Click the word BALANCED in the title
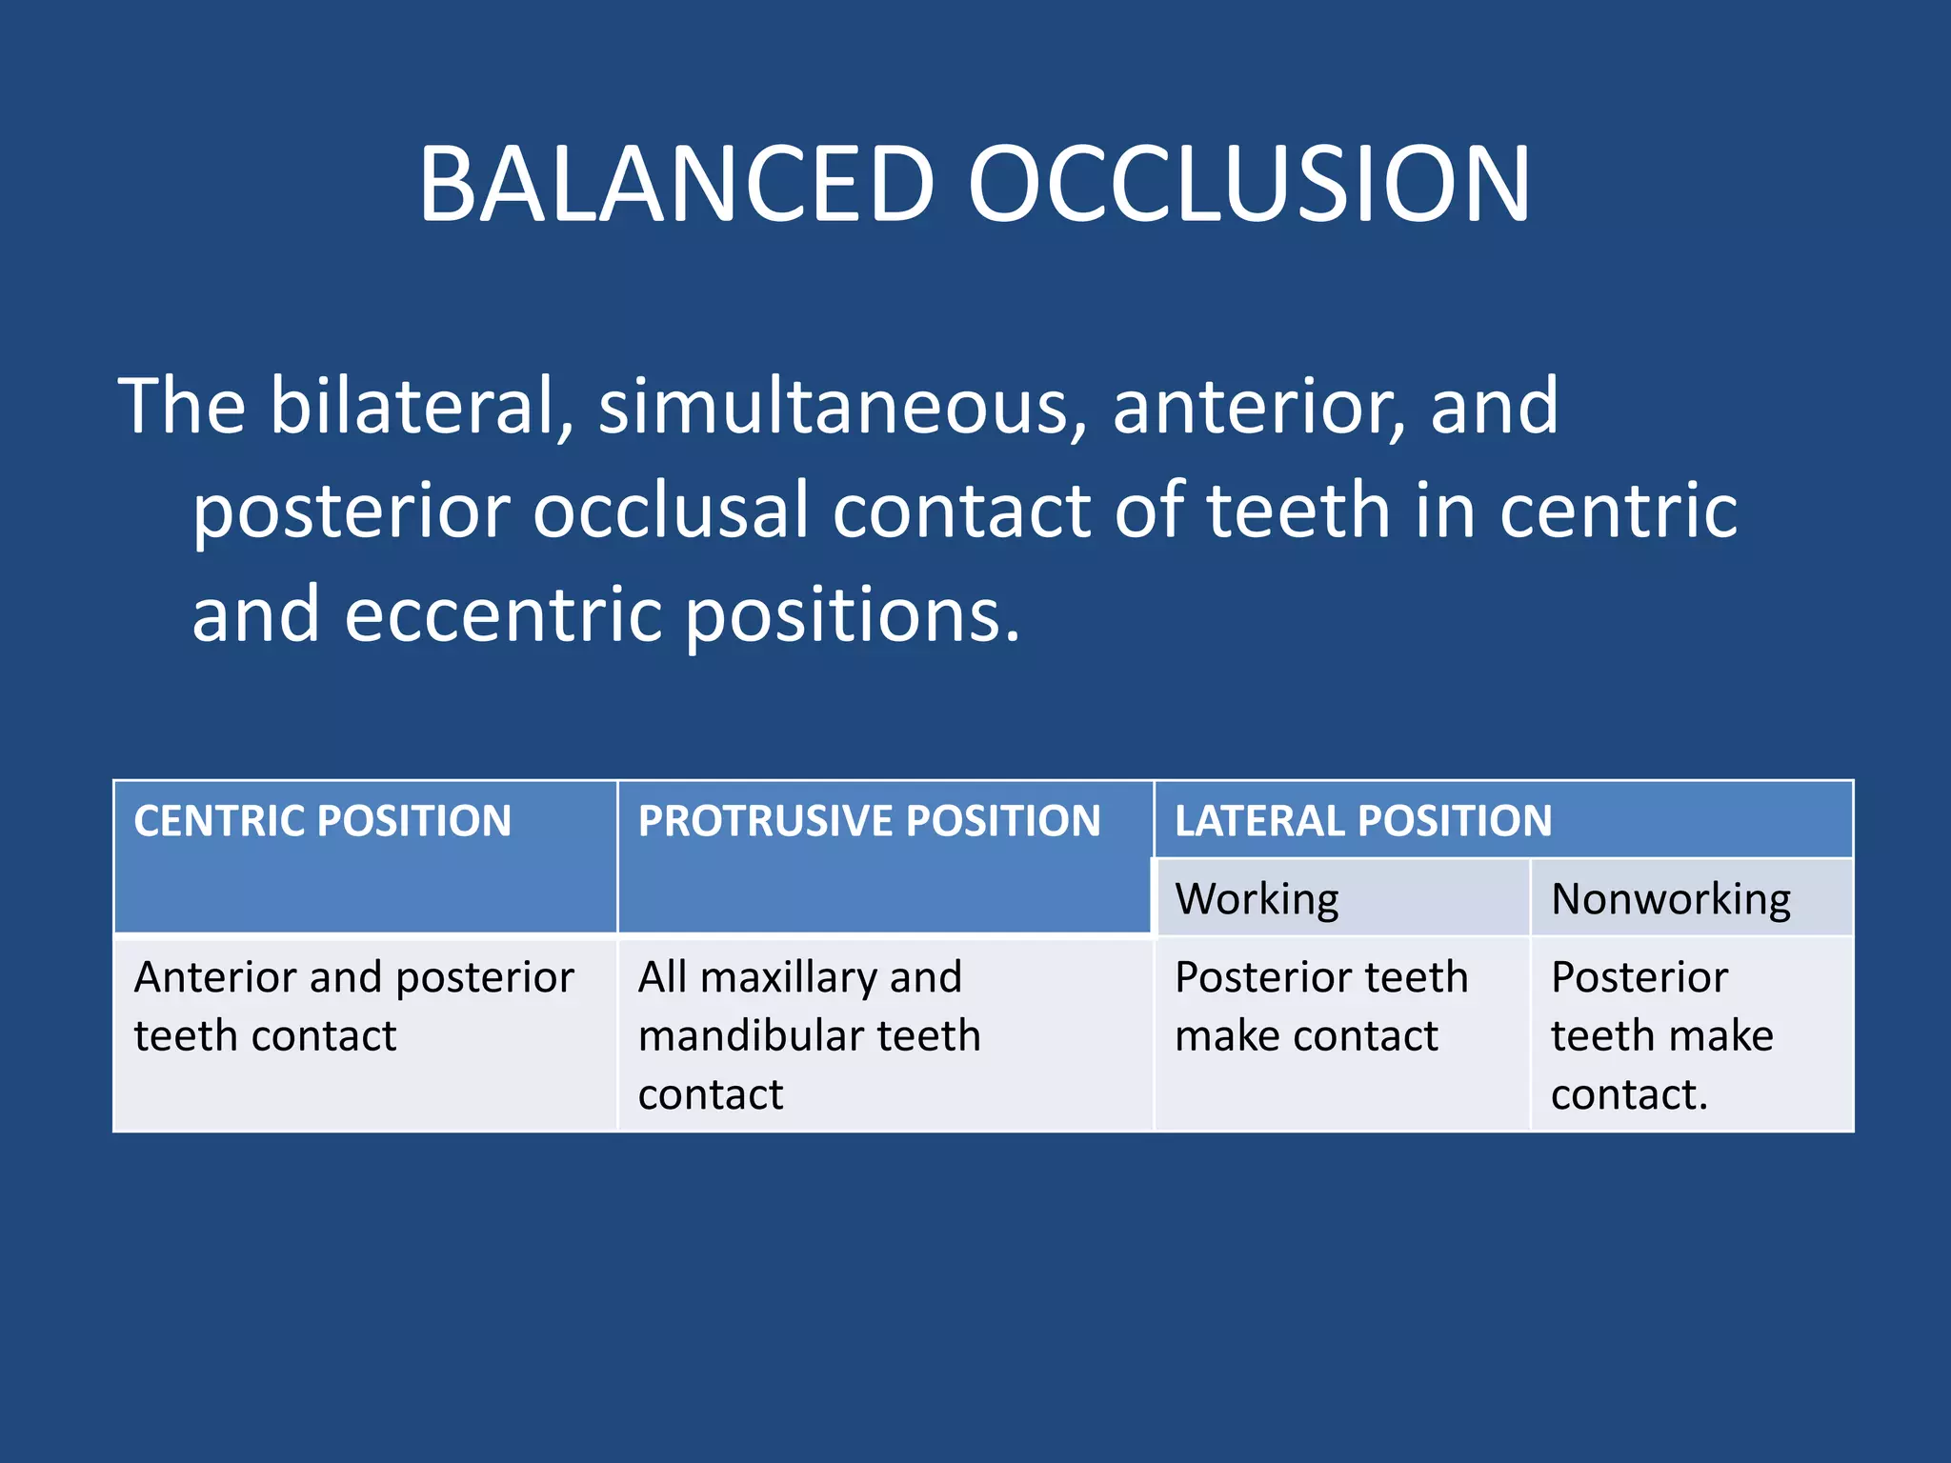[x=676, y=184]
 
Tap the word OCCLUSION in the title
[x=1248, y=184]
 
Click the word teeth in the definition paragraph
[x=1299, y=511]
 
